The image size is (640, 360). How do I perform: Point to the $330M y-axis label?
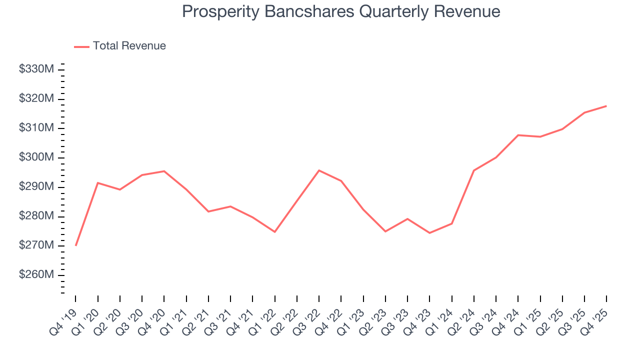36,69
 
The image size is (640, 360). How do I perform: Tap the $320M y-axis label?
36,99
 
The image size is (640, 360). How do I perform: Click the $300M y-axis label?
36,157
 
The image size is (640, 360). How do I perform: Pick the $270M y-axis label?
36,245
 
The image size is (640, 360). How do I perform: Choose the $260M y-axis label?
36,275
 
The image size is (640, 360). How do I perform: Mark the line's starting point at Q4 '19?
76,245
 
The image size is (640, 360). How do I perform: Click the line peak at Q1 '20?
98,183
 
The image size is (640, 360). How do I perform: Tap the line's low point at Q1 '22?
275,232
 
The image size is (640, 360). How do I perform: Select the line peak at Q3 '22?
319,170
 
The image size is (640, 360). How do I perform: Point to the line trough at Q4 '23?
429,233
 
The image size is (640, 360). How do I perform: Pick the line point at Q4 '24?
518,135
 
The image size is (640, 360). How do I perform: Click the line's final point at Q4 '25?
606,106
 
